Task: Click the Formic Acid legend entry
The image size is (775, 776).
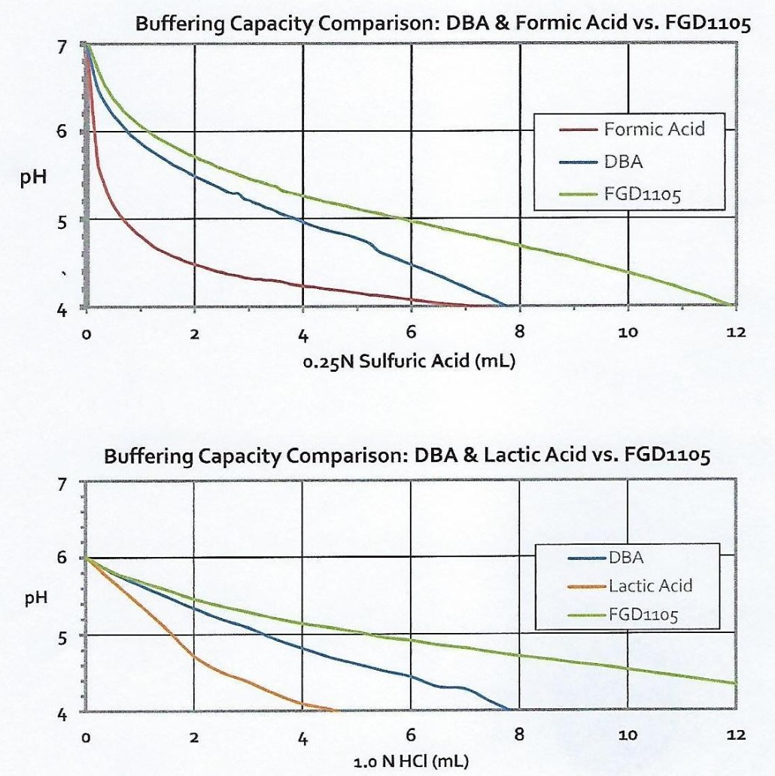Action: tap(653, 129)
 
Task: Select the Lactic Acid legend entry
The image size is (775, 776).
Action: tap(649, 586)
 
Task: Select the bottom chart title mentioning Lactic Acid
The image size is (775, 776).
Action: tap(407, 457)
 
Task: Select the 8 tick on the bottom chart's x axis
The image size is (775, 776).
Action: tap(519, 738)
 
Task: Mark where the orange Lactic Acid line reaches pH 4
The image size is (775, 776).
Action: tap(336, 710)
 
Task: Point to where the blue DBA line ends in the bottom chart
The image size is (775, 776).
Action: tap(509, 710)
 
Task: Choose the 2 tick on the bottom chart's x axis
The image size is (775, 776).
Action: tap(194, 738)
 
